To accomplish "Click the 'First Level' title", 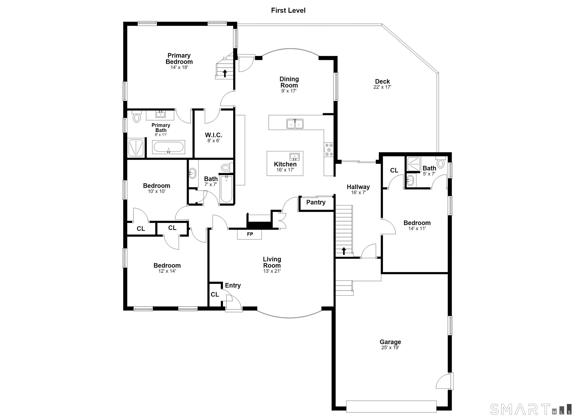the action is pyautogui.click(x=288, y=11).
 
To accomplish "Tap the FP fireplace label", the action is pyautogui.click(x=250, y=234).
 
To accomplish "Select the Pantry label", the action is pyautogui.click(x=316, y=202).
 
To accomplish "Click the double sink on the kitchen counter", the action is pyautogui.click(x=295, y=124).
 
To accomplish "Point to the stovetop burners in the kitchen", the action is pyautogui.click(x=329, y=150).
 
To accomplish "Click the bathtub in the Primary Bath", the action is pyautogui.click(x=169, y=147).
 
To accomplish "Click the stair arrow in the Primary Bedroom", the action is pyautogui.click(x=225, y=73).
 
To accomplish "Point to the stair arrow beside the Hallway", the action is pyautogui.click(x=344, y=251).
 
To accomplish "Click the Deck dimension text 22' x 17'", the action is pyautogui.click(x=382, y=87).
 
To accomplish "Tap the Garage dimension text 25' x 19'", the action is pyautogui.click(x=390, y=348).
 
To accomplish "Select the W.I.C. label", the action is pyautogui.click(x=214, y=135).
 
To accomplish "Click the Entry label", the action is pyautogui.click(x=233, y=285).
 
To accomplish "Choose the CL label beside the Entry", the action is pyautogui.click(x=215, y=294).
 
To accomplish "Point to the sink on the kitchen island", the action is pyautogui.click(x=295, y=157).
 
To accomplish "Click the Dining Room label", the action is pyautogui.click(x=289, y=82).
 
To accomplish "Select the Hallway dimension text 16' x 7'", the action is pyautogui.click(x=358, y=193).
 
